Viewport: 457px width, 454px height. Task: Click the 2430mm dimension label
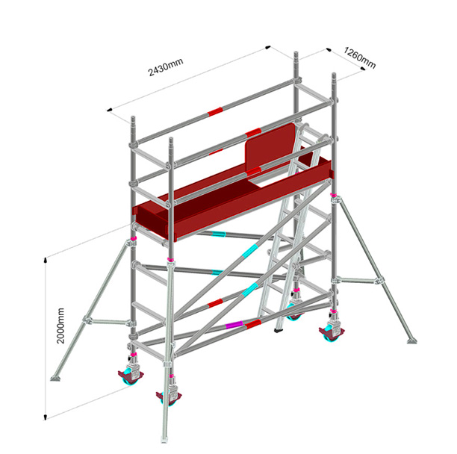166,67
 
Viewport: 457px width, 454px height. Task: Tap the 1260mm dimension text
359,57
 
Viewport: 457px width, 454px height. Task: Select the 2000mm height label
60,326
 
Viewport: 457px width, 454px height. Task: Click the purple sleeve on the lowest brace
234,324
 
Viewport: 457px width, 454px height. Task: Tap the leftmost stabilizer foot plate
56,379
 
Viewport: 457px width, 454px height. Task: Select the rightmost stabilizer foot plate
412,340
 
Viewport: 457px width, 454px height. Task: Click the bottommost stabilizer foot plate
164,439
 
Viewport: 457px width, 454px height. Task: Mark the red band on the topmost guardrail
215,111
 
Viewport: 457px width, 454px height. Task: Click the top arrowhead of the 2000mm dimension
46,260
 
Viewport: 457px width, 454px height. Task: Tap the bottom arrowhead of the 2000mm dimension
45,417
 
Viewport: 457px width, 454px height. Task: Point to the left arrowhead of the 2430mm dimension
110,110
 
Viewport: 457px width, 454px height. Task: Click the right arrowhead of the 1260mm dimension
362,68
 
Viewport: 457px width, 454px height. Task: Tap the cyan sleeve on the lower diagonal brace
249,289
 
